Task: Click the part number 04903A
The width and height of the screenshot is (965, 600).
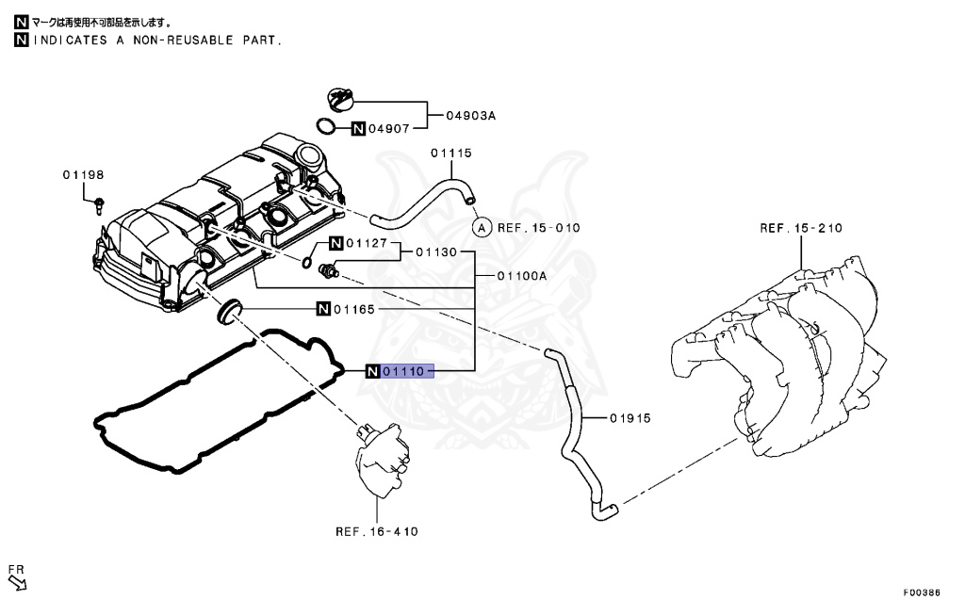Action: click(472, 116)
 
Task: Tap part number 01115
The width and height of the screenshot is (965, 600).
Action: click(451, 153)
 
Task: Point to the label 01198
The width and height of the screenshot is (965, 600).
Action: click(84, 175)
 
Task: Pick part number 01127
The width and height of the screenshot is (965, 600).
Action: click(367, 243)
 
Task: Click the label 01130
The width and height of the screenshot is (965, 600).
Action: click(436, 252)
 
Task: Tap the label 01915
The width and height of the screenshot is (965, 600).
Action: click(630, 417)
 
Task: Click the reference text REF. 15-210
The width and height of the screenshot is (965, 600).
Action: click(801, 228)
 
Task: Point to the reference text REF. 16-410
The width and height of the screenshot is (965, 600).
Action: click(376, 531)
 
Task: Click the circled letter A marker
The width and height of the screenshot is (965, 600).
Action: click(481, 227)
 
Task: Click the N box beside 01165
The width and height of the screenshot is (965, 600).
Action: click(323, 309)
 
